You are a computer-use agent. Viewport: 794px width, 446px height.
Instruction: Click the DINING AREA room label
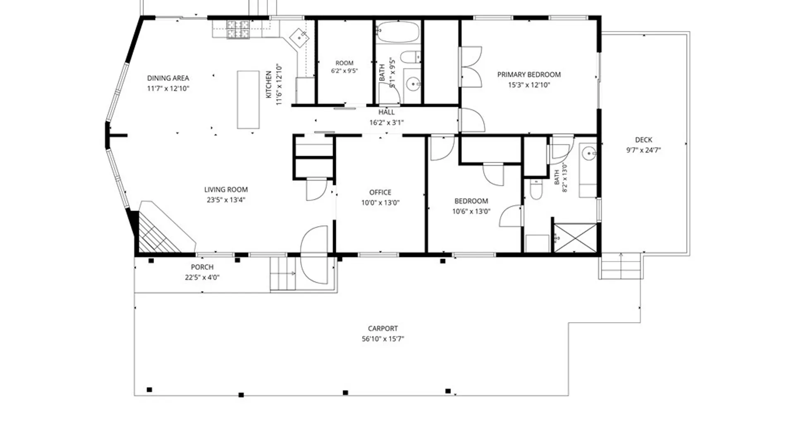(x=168, y=78)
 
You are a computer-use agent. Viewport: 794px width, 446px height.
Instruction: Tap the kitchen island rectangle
(x=248, y=100)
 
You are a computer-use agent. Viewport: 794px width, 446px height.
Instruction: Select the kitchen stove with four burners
(x=238, y=30)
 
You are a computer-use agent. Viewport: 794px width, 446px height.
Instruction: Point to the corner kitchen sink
(x=299, y=37)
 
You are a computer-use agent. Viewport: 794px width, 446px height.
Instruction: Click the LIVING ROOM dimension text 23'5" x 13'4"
(x=226, y=200)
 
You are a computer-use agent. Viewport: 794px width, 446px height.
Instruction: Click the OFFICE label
(x=380, y=192)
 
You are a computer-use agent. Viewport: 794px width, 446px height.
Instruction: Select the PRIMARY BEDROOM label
(x=529, y=75)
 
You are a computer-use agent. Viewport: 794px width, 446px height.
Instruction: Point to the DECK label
(x=643, y=140)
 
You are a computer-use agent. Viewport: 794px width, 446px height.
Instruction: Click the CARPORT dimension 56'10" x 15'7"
(x=383, y=339)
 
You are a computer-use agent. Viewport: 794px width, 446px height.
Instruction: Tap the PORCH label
(x=202, y=267)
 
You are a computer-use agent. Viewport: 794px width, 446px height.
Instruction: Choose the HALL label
(x=386, y=112)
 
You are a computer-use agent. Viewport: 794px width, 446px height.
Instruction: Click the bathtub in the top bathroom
(x=398, y=32)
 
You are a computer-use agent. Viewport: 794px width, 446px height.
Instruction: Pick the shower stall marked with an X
(x=575, y=238)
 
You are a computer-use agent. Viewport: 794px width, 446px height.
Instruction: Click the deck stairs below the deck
(x=621, y=266)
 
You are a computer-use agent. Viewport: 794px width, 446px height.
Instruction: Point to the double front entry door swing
(x=314, y=255)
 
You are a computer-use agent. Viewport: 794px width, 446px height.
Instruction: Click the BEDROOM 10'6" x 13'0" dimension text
(x=471, y=211)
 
